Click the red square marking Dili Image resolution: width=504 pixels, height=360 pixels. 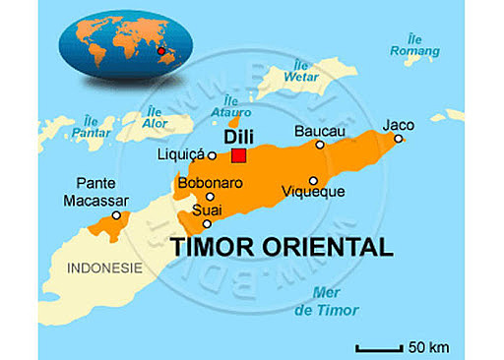point(238,155)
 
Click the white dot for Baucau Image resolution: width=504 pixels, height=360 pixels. point(320,145)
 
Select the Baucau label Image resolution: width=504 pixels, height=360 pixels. point(321,130)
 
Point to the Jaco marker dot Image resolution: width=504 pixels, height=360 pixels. point(399,139)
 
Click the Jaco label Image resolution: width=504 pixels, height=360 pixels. point(399,124)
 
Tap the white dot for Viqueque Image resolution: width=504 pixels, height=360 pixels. point(313,180)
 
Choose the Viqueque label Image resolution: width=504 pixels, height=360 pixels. point(313,192)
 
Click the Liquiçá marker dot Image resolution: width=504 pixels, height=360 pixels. point(212,154)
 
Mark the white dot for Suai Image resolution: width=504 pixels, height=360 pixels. point(206,223)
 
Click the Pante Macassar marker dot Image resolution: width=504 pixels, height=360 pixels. point(116,214)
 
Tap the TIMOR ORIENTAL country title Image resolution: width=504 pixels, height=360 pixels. point(282,245)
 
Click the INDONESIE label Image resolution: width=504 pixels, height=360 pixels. point(104,268)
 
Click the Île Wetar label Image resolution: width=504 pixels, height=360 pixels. point(301,71)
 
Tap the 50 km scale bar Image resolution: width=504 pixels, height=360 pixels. point(378,347)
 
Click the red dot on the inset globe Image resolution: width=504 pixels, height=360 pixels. point(159,49)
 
